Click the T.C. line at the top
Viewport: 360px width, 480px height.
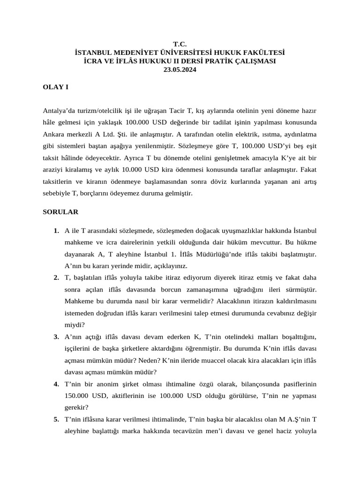(180, 44)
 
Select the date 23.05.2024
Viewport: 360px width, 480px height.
(180, 70)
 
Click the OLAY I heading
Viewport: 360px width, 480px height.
(55, 87)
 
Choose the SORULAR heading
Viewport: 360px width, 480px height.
(60, 212)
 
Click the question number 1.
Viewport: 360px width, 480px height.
(56, 231)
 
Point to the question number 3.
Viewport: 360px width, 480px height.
(56, 337)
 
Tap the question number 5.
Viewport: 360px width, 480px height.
(56, 419)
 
